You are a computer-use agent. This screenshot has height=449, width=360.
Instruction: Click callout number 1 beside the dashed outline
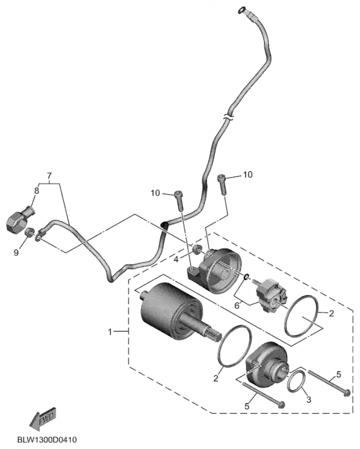[x=111, y=332]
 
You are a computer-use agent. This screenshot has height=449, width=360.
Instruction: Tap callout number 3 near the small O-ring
[x=308, y=399]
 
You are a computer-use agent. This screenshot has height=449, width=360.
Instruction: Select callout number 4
[x=176, y=259]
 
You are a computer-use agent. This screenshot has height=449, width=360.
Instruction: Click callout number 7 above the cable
[x=49, y=176]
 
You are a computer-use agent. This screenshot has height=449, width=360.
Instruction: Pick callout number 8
[x=37, y=191]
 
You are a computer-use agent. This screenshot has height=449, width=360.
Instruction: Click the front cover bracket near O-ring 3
[x=266, y=367]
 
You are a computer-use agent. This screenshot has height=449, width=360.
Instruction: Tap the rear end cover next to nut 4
[x=221, y=272]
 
